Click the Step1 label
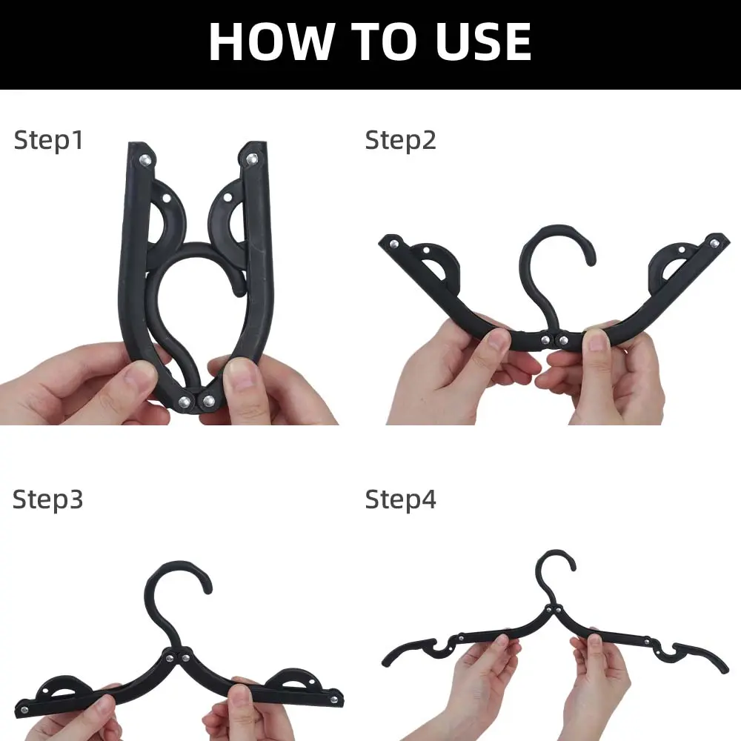(49, 140)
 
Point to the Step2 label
(400, 140)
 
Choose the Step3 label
(47, 499)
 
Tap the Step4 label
(400, 499)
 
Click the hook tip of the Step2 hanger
(591, 260)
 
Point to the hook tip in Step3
(207, 589)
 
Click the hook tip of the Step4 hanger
(572, 566)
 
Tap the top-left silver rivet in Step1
(145, 160)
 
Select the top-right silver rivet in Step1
(252, 159)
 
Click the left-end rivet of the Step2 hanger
(393, 244)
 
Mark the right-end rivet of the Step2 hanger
(714, 244)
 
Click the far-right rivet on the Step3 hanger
(334, 700)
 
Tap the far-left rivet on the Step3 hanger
(24, 710)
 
